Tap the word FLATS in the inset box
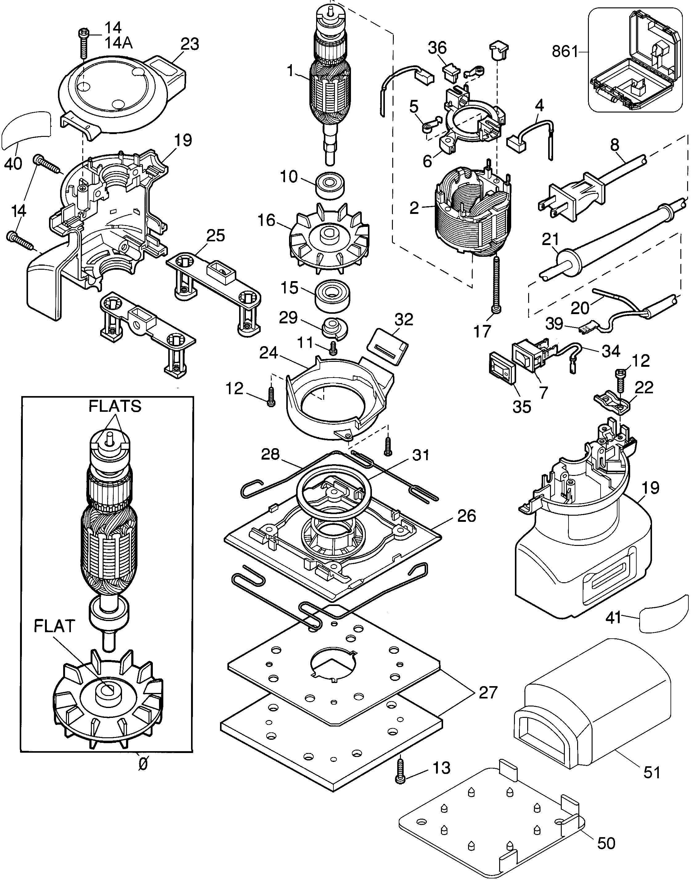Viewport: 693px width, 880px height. click(115, 406)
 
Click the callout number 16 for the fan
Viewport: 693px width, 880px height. click(266, 220)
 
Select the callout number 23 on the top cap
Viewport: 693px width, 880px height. click(190, 44)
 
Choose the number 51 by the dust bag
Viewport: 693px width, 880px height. click(652, 772)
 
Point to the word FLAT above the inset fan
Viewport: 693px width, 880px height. click(54, 626)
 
